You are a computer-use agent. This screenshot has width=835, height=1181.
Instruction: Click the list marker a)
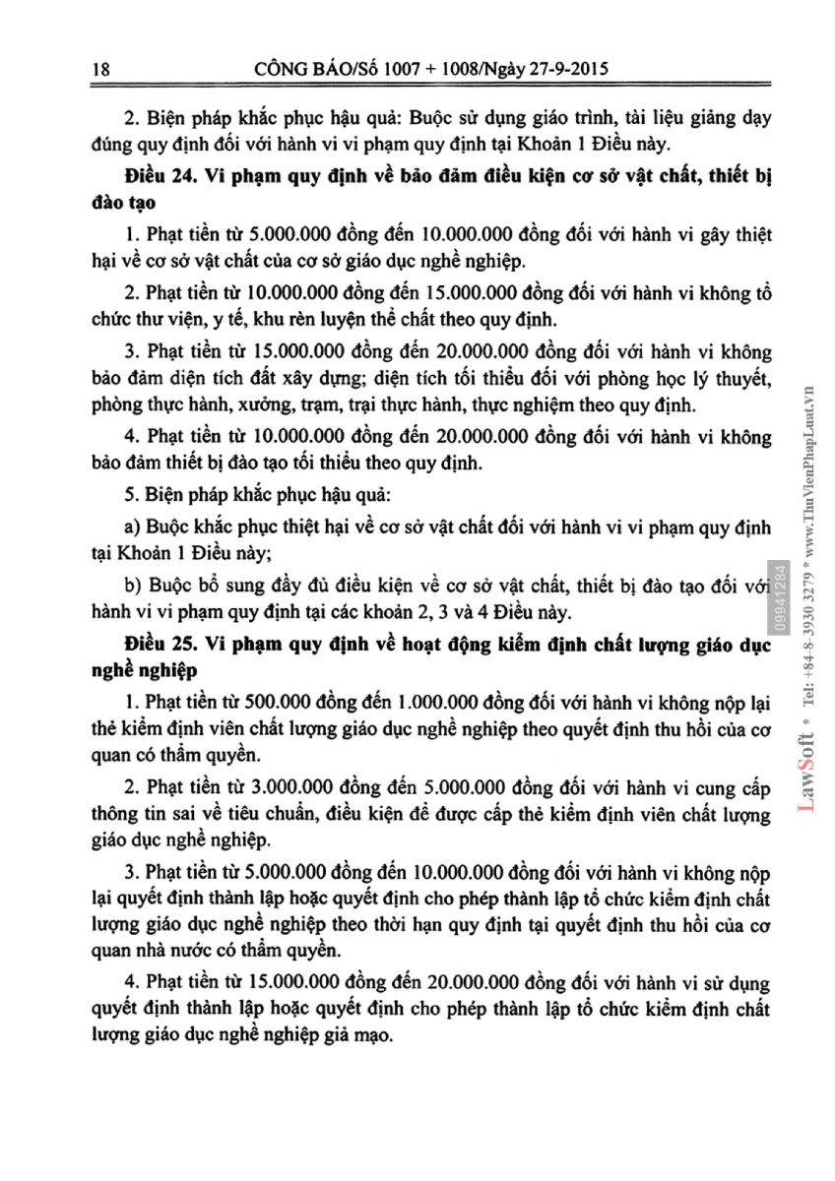pos(134,522)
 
